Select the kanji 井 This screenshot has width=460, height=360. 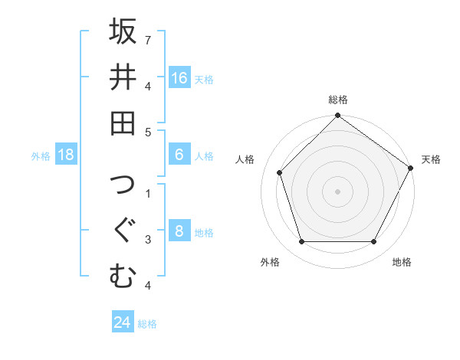123,77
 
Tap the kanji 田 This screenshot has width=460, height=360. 123,122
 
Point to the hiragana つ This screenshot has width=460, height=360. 123,185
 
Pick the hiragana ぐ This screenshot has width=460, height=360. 123,230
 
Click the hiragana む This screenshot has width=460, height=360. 123,275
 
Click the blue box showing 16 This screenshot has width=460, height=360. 179,77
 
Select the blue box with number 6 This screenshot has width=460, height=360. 179,155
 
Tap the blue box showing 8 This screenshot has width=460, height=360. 179,231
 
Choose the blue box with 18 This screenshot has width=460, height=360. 66,155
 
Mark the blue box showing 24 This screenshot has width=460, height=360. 123,322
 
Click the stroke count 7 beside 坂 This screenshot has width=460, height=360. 148,38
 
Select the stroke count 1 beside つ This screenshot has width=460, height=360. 148,192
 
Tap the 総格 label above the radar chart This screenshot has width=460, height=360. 338,100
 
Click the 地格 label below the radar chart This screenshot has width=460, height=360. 402,262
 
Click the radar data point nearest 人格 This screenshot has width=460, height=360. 280,172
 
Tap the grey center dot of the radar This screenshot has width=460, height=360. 338,191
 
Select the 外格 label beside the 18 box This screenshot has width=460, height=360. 41,156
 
